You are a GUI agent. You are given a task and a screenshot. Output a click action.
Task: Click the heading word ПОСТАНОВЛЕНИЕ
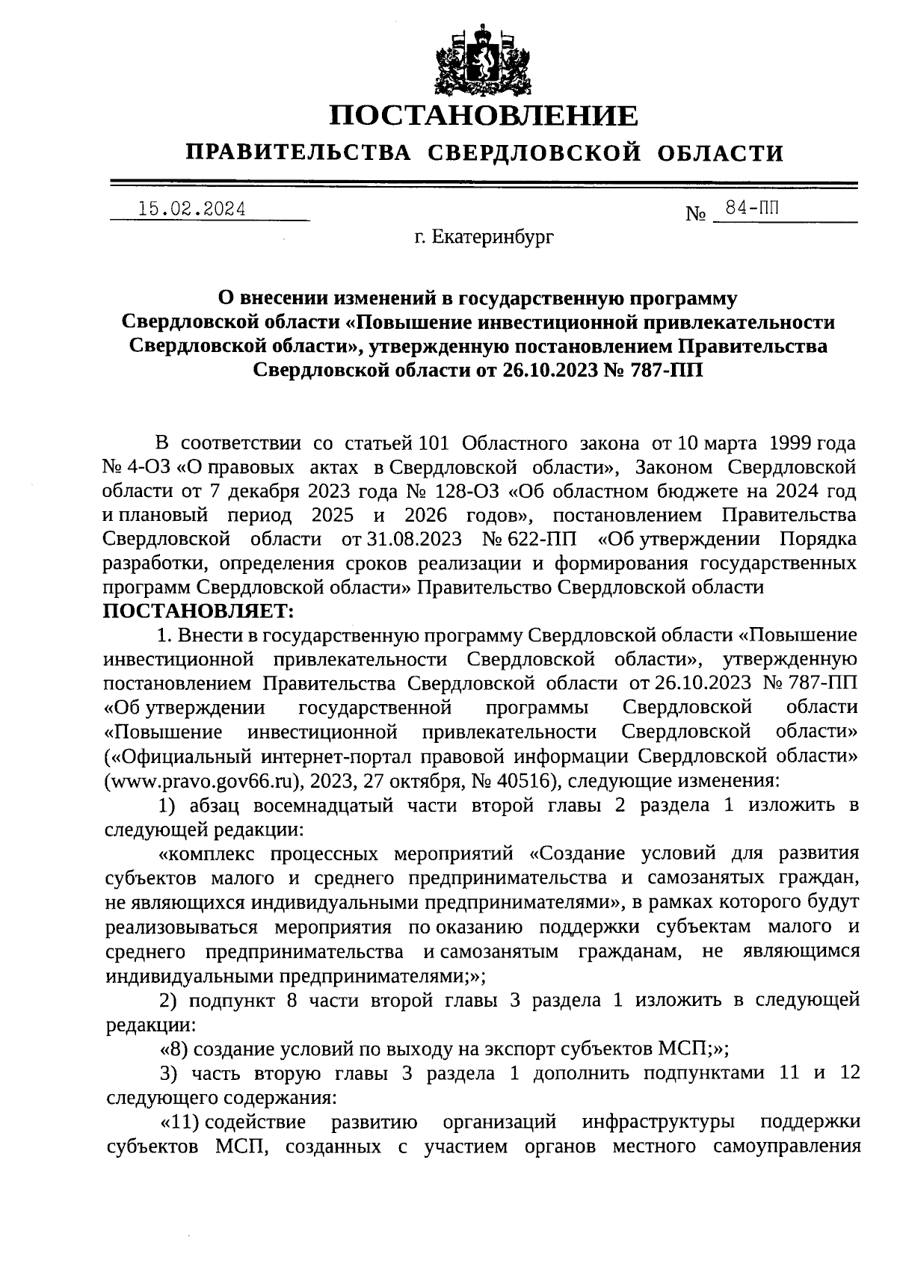[485, 116]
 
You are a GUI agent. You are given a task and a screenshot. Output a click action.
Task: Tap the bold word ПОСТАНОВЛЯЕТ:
[199, 611]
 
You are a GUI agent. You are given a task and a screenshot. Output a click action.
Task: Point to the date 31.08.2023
[411, 539]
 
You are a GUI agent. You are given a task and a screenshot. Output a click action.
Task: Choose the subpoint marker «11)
[178, 1121]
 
